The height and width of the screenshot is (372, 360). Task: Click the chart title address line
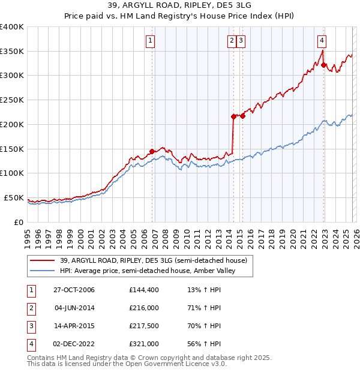pyautogui.click(x=180, y=7)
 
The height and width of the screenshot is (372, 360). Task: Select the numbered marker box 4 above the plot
pyautogui.click(x=322, y=41)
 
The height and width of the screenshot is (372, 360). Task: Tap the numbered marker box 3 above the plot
pyautogui.click(x=241, y=41)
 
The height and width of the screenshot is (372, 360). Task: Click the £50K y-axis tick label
pyautogui.click(x=14, y=197)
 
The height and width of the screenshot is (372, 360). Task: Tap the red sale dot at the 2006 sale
pyautogui.click(x=152, y=151)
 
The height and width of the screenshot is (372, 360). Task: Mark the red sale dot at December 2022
pyautogui.click(x=323, y=65)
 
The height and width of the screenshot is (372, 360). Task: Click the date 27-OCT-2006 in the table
pyautogui.click(x=74, y=290)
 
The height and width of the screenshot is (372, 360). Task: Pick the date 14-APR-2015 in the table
pyautogui.click(x=74, y=326)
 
